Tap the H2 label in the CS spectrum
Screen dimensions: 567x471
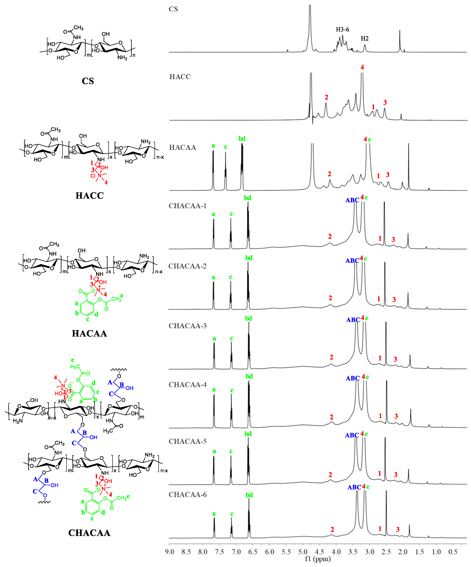(365, 39)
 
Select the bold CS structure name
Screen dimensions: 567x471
(88, 81)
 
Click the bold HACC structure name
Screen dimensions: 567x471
(90, 195)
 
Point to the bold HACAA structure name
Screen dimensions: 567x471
(89, 333)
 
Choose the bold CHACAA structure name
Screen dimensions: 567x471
(89, 533)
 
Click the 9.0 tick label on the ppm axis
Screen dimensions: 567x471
(169, 552)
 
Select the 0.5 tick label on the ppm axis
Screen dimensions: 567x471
(453, 552)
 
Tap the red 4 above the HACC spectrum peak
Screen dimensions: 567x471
(362, 67)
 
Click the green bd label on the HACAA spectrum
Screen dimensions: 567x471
(242, 139)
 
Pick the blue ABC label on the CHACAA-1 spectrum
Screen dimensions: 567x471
(352, 200)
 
